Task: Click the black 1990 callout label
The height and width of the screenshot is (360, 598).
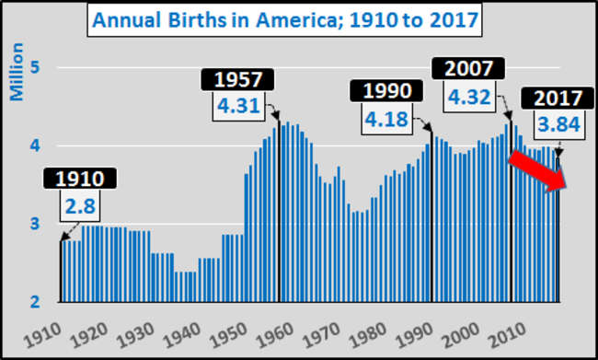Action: coord(386,93)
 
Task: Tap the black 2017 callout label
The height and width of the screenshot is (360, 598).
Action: coord(550,98)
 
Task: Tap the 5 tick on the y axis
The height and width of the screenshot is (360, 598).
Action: coord(35,67)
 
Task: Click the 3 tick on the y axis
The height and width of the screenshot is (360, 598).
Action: coord(35,224)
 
